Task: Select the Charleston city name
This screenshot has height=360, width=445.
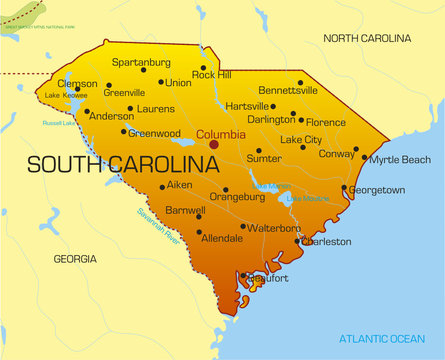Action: tap(327, 241)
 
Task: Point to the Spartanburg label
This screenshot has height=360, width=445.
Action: tap(141, 61)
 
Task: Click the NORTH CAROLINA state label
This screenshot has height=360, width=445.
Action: tap(367, 38)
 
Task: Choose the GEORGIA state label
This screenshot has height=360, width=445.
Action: tap(75, 259)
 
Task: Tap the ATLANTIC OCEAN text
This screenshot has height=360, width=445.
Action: tap(382, 337)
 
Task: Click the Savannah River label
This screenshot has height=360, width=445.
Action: tap(158, 227)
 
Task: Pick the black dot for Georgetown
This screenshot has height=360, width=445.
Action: tap(344, 187)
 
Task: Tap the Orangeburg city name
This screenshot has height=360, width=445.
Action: tap(237, 197)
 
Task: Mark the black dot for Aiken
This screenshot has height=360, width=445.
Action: tap(162, 187)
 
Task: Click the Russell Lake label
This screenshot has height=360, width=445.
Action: tap(59, 123)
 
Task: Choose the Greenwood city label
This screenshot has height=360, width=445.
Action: tap(154, 132)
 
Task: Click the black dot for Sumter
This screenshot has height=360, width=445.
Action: tap(258, 151)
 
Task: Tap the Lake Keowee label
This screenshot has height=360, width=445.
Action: tap(65, 95)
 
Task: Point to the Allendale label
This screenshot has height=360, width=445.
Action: tap(222, 240)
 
